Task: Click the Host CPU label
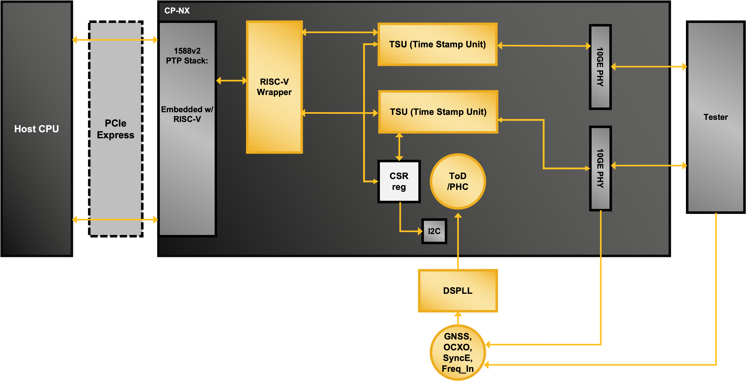pos(37,129)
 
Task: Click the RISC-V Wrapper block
pos(274,87)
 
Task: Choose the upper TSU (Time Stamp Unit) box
pos(437,44)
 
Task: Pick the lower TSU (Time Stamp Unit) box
pos(438,112)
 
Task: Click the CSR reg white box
pos(399,182)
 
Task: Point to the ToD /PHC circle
pos(457,181)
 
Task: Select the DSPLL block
pos(457,290)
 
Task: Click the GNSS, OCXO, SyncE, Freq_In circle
pos(457,352)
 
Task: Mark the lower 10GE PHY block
pos(600,168)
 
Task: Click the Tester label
pos(715,117)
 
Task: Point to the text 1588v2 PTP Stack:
pos(187,56)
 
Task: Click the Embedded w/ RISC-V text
pos(187,114)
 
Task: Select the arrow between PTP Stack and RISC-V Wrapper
pos(231,81)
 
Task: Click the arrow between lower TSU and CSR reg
pos(399,147)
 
